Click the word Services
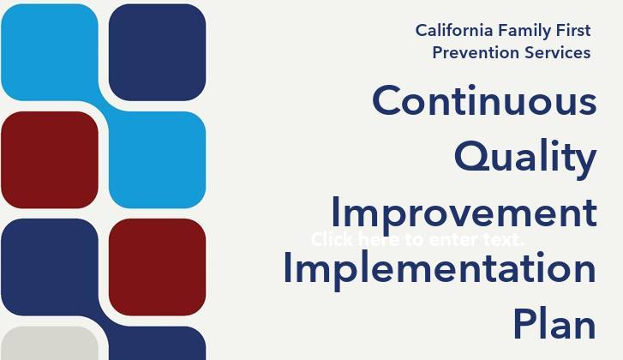(x=557, y=52)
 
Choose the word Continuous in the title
(x=484, y=101)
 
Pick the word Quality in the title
(x=525, y=157)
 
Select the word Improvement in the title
(x=464, y=213)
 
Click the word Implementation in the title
(x=440, y=268)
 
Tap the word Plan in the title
(x=554, y=324)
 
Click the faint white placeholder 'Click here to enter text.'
(x=417, y=239)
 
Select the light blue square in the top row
(x=50, y=51)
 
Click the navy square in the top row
(x=158, y=51)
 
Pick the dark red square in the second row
(x=50, y=159)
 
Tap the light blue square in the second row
(x=158, y=159)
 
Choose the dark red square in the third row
(x=158, y=267)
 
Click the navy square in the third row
(x=50, y=267)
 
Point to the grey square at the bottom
(x=50, y=344)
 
